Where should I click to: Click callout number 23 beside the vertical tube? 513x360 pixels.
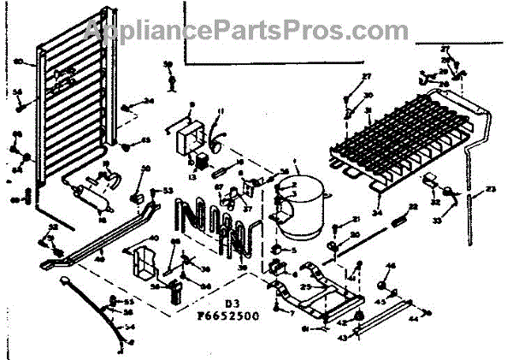click(x=491, y=189)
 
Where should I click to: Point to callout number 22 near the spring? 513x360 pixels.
click(x=413, y=207)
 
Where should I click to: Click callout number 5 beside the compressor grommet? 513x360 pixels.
click(x=292, y=250)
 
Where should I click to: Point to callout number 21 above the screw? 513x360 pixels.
click(x=357, y=220)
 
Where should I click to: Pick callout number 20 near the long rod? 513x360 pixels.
click(x=357, y=235)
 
